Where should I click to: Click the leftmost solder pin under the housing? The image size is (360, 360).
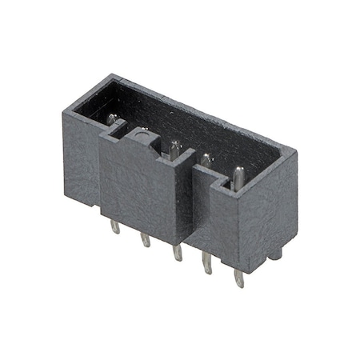[115, 226]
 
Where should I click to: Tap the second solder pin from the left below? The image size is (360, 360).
[145, 239]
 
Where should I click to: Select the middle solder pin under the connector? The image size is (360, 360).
[175, 252]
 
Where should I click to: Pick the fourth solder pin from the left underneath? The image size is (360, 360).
[206, 263]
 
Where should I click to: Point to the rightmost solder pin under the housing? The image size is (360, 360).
[238, 276]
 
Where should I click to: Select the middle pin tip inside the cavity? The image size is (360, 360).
[174, 147]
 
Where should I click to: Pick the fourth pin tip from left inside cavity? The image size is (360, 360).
[206, 160]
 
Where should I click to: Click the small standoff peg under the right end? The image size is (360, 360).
[276, 253]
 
